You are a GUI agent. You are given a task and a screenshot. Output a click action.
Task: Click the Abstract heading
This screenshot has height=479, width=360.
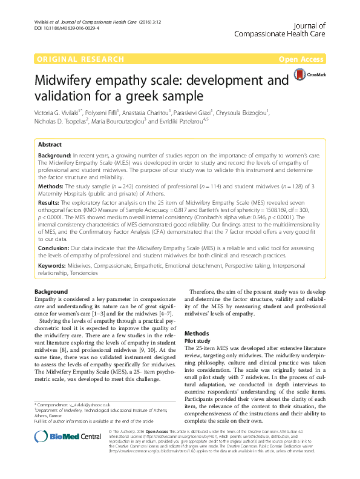click(50, 145)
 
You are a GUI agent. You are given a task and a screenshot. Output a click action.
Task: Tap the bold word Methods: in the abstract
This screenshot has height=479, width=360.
click(51, 187)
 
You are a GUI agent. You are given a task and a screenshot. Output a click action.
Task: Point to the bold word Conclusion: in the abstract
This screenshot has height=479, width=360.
click(54, 248)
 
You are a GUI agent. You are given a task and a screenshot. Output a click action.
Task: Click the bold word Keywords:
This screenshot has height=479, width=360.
click(53, 265)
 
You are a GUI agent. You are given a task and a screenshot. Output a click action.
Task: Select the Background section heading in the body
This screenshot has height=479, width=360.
click(51, 292)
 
